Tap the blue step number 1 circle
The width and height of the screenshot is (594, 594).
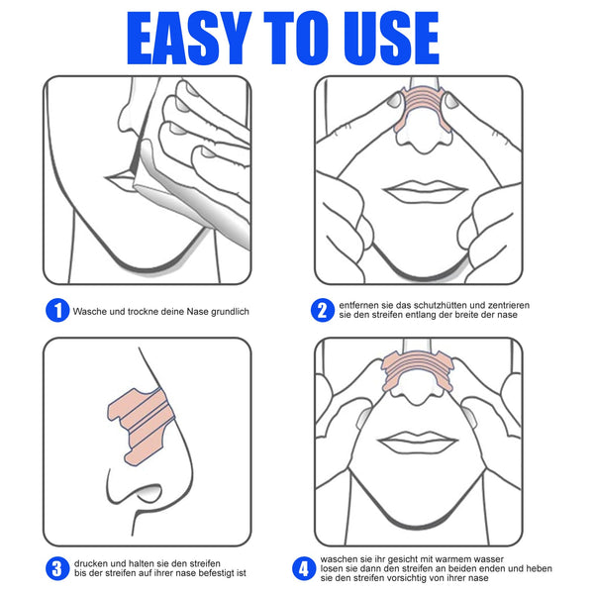click(56, 311)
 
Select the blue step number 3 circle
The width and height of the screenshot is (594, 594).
click(56, 566)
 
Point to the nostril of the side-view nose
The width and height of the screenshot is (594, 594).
click(147, 489)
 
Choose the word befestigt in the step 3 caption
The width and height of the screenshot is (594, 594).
click(204, 572)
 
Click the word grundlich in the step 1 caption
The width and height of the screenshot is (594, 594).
click(226, 312)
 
